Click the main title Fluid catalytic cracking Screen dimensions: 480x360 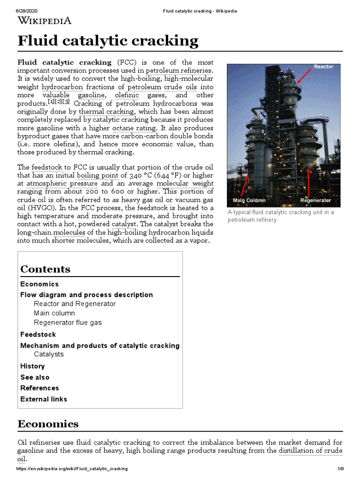pyautogui.click(x=108, y=41)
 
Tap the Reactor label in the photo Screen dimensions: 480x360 pyautogui.click(x=323, y=67)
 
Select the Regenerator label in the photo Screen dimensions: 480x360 pyautogui.click(x=315, y=200)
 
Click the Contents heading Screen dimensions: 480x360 pyautogui.click(x=45, y=269)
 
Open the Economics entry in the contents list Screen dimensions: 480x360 pyautogui.click(x=39, y=284)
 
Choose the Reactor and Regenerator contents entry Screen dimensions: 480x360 pyautogui.click(x=75, y=304)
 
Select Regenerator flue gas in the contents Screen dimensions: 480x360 pyautogui.click(x=67, y=322)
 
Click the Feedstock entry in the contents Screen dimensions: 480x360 pyautogui.click(x=38, y=334)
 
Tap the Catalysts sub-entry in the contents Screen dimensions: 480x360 pyautogui.click(x=49, y=354)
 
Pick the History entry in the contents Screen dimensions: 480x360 pyautogui.click(x=32, y=366)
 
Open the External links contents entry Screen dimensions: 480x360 pyautogui.click(x=44, y=399)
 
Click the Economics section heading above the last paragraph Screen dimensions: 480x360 pyautogui.click(x=48, y=424)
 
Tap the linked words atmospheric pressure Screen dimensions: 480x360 pyautogui.click(x=62, y=184)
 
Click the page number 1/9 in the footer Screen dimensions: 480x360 pyautogui.click(x=340, y=469)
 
